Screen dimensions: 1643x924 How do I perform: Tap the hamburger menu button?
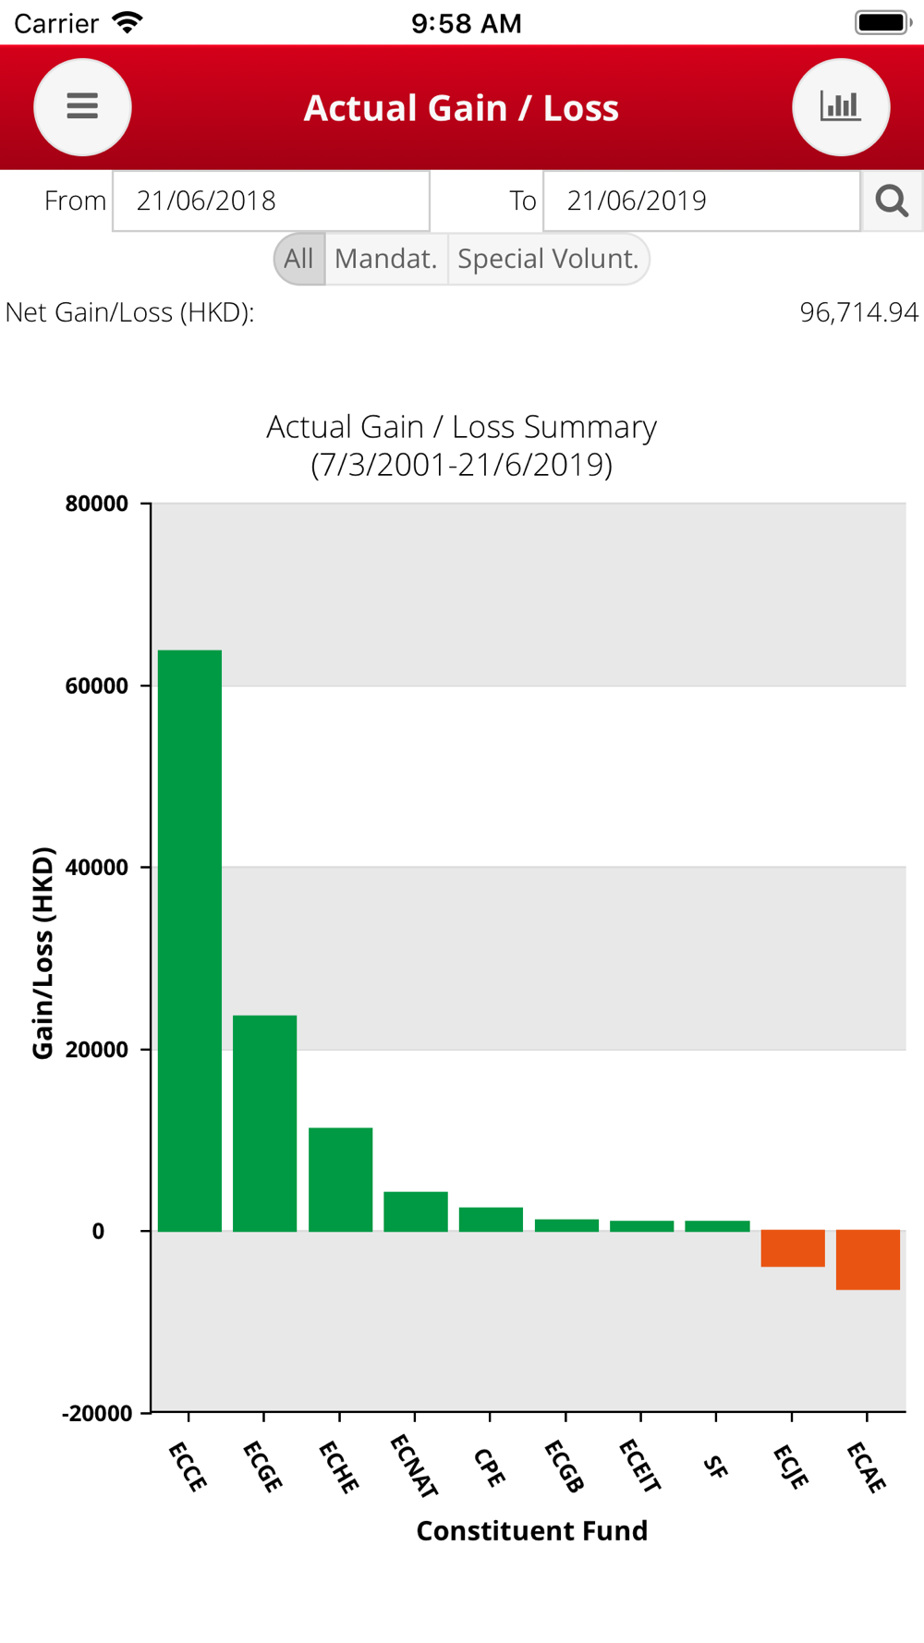pyautogui.click(x=82, y=107)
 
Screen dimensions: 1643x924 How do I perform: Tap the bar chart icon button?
pyautogui.click(x=841, y=107)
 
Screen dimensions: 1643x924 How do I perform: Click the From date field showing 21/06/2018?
pyautogui.click(x=271, y=201)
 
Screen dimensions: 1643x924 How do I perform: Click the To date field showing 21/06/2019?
pyautogui.click(x=701, y=201)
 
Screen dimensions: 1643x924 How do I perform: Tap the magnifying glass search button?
pyautogui.click(x=892, y=201)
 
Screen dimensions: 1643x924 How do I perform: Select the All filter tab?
pyautogui.click(x=299, y=259)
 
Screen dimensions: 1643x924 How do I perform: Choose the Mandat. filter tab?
pyautogui.click(x=386, y=259)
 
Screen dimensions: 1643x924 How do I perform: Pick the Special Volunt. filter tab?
pyautogui.click(x=548, y=259)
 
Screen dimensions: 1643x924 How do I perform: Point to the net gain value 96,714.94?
pyautogui.click(x=858, y=312)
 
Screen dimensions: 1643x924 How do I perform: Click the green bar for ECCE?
pyautogui.click(x=189, y=941)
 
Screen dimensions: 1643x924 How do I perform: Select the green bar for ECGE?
pyautogui.click(x=264, y=1123)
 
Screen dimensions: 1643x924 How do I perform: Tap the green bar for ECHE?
pyautogui.click(x=340, y=1179)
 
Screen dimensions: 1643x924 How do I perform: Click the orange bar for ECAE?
pyautogui.click(x=868, y=1260)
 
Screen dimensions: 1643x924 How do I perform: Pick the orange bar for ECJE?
pyautogui.click(x=793, y=1248)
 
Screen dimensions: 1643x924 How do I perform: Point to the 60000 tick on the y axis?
pyautogui.click(x=97, y=686)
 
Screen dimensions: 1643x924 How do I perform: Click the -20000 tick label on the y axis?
pyautogui.click(x=97, y=1413)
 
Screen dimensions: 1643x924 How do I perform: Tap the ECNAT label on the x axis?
pyautogui.click(x=413, y=1466)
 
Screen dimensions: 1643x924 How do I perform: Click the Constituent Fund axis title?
pyautogui.click(x=531, y=1531)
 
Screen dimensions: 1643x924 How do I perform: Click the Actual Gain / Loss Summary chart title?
pyautogui.click(x=461, y=427)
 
